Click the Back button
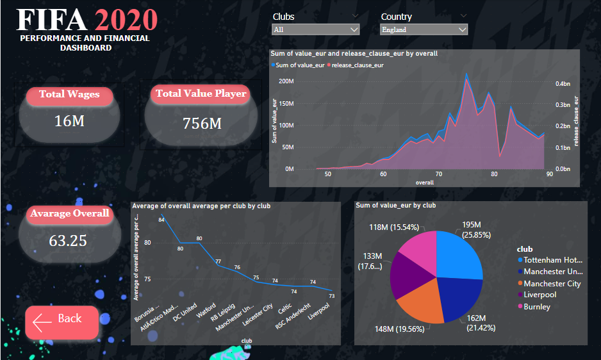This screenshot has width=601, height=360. point(62,322)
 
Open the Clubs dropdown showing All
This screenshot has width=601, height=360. point(316,29)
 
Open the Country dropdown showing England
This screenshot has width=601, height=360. point(424,29)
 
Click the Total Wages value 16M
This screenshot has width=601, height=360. point(69,120)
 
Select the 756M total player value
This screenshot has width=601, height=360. point(202,123)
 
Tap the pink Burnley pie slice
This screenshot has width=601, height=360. point(420,248)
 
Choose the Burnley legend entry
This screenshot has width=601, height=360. point(536,306)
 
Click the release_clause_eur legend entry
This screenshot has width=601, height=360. point(357,65)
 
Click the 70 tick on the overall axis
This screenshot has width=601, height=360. point(438,174)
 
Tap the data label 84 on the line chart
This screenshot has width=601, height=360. point(162,220)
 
